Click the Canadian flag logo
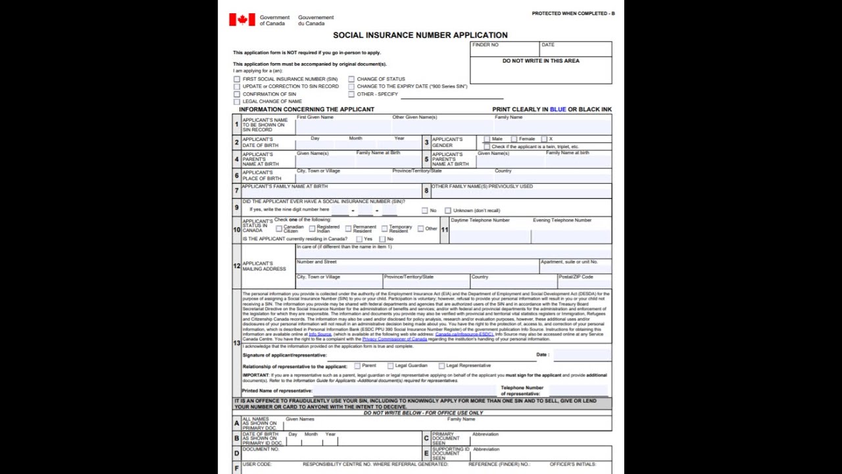point(241,20)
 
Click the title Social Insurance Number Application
point(420,35)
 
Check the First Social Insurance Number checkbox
point(237,79)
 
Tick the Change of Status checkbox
point(351,79)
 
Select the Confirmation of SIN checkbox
point(237,94)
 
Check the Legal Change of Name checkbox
point(237,101)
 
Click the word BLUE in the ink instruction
point(557,109)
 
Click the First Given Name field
point(342,127)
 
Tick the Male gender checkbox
point(487,139)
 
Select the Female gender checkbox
point(514,139)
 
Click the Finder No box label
point(485,45)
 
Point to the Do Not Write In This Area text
point(541,61)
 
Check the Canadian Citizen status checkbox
point(279,229)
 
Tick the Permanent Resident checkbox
point(348,229)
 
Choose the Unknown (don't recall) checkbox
point(448,211)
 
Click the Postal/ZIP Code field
point(584,284)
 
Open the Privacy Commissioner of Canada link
point(394,339)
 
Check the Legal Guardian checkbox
point(390,365)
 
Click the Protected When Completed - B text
point(573,13)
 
